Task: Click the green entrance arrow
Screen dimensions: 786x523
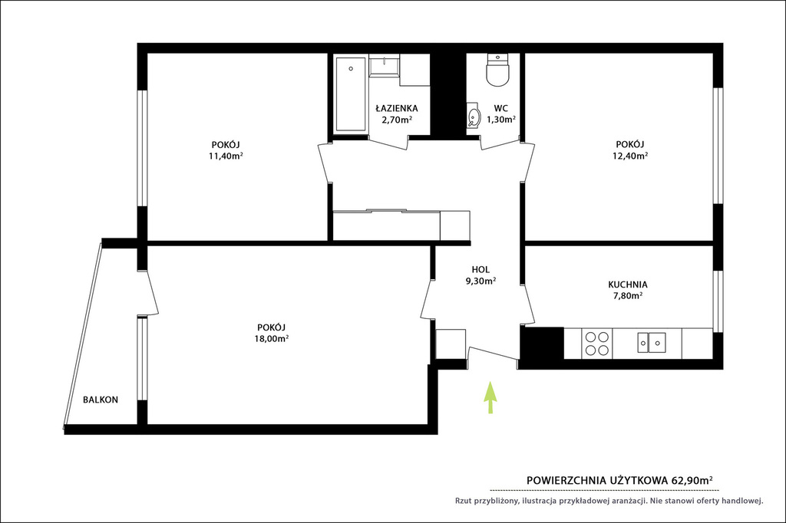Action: coord(490,398)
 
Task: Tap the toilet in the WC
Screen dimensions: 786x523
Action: coord(497,69)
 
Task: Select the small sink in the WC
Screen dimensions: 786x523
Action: coord(473,116)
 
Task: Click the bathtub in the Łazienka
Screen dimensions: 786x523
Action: coord(350,94)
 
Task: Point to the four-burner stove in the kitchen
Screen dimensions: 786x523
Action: coord(597,344)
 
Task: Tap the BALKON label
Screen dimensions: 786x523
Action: coord(101,400)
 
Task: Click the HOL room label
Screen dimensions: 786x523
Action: coord(481,269)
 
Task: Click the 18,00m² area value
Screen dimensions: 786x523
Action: coord(271,338)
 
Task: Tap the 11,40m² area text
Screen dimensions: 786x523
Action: coord(226,156)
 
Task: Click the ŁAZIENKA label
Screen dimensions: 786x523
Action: coord(397,108)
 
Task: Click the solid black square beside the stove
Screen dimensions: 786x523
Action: coord(542,344)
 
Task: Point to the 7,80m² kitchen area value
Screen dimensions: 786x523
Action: coord(628,295)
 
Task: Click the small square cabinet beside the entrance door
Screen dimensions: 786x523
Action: coord(451,344)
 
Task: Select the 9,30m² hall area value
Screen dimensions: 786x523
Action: coord(481,281)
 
